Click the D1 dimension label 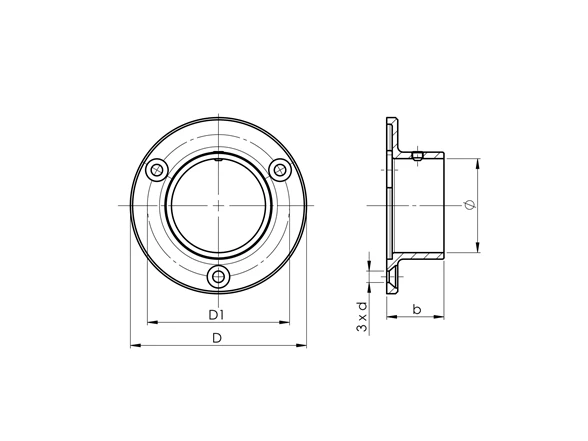click(216, 315)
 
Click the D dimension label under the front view click(217, 338)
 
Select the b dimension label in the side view click(417, 309)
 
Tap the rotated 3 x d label click(362, 317)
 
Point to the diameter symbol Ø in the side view click(470, 205)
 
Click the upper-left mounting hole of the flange click(157, 170)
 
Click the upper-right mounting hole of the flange click(280, 170)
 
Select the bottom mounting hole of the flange click(218, 277)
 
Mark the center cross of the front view click(218, 205)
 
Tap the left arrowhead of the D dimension click(135, 345)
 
